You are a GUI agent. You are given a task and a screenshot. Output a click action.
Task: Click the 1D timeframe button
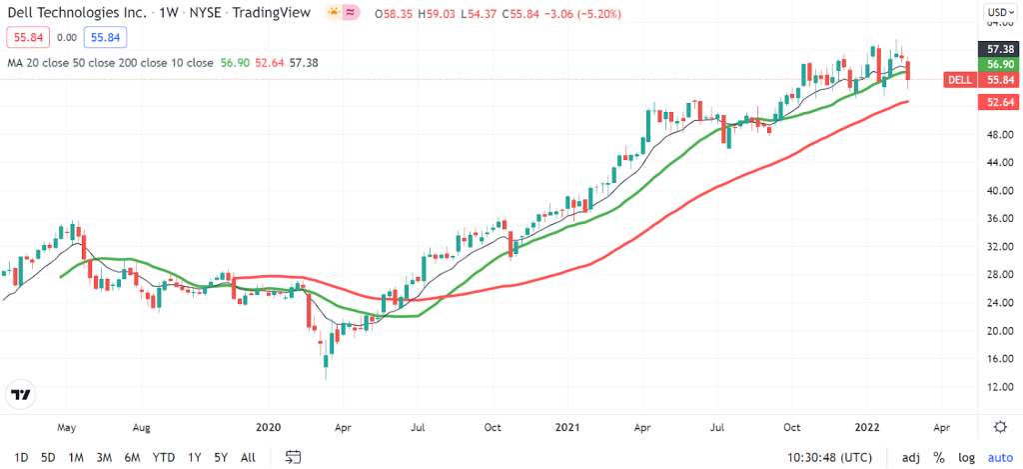click(x=20, y=457)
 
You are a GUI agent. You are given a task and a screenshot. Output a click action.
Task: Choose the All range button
click(x=248, y=457)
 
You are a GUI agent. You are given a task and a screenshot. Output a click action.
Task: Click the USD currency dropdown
click(x=999, y=13)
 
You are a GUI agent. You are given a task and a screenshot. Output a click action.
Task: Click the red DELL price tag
click(x=959, y=80)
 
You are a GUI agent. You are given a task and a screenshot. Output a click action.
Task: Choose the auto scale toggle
click(x=1000, y=457)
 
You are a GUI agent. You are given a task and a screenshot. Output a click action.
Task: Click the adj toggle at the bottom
click(x=910, y=457)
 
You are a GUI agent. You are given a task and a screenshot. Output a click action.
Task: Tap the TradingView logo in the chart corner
click(x=20, y=394)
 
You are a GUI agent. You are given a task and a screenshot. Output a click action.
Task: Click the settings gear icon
click(x=1000, y=426)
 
